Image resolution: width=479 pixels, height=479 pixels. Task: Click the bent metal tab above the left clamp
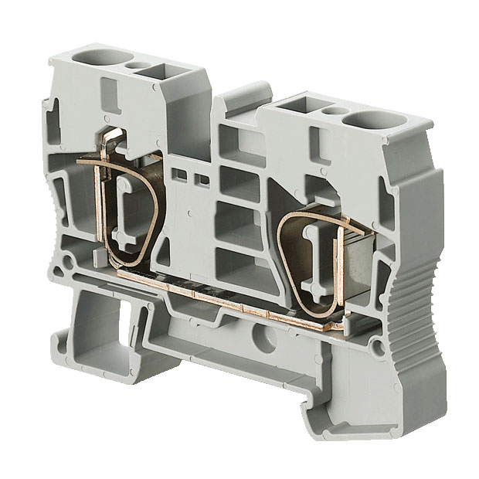coord(114,141)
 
